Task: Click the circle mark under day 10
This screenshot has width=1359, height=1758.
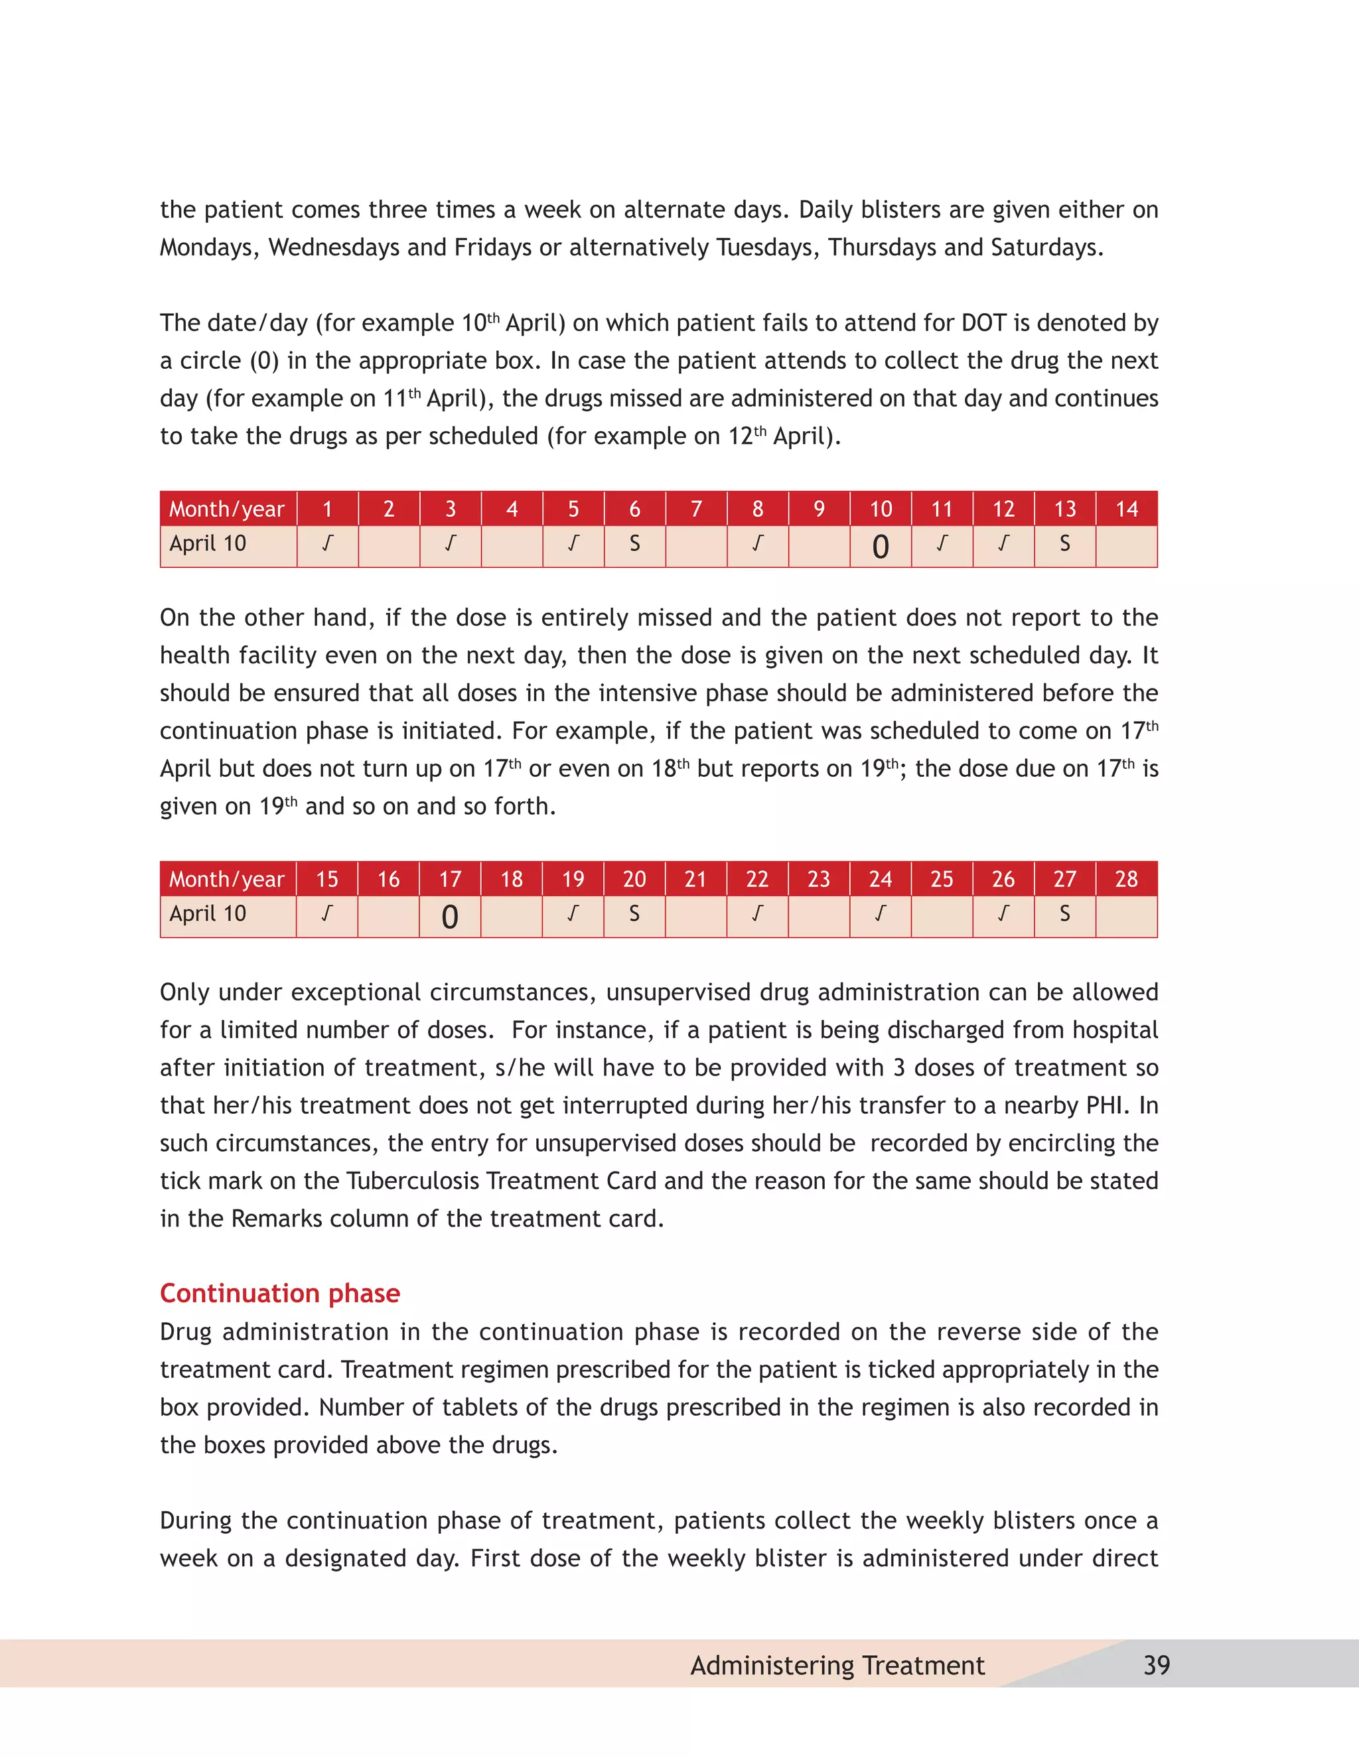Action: pyautogui.click(x=881, y=547)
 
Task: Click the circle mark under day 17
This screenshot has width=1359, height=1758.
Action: pyautogui.click(x=450, y=917)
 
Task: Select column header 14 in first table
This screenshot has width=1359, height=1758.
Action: pyautogui.click(x=1126, y=509)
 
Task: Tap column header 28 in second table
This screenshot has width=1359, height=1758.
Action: pyautogui.click(x=1126, y=879)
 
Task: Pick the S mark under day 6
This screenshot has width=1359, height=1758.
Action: pyautogui.click(x=634, y=544)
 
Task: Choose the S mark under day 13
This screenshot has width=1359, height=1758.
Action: pyautogui.click(x=1064, y=544)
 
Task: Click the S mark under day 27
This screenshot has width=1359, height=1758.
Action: pyautogui.click(x=1064, y=914)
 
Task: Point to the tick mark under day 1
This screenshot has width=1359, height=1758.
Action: pyautogui.click(x=327, y=544)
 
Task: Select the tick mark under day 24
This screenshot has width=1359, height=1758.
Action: pyautogui.click(x=881, y=914)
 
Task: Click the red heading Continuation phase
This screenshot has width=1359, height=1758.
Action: pyautogui.click(x=279, y=1293)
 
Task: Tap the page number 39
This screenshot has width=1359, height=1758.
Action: pyautogui.click(x=1156, y=1664)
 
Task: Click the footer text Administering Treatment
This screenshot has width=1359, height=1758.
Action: pyautogui.click(x=837, y=1664)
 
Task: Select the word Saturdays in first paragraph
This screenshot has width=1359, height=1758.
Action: pyautogui.click(x=1045, y=248)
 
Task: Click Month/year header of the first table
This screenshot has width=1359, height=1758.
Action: pyautogui.click(x=227, y=509)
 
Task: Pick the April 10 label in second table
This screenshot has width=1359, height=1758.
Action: pyautogui.click(x=208, y=914)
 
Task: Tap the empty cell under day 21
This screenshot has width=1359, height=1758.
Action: pyautogui.click(x=695, y=916)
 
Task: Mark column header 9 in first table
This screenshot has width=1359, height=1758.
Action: pyautogui.click(x=819, y=509)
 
